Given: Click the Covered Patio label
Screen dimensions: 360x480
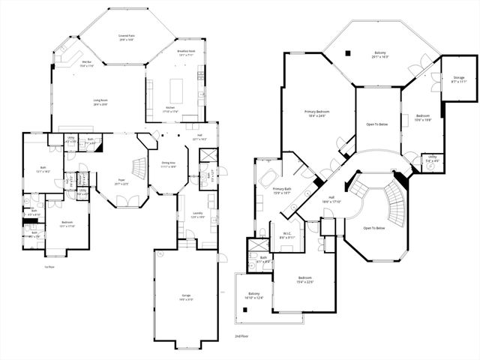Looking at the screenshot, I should pos(126,37).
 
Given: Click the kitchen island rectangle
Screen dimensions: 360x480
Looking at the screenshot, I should pos(176,91).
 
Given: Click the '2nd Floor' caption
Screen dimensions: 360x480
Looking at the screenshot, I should pos(241,337).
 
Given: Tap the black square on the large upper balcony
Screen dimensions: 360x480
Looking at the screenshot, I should pos(348,52).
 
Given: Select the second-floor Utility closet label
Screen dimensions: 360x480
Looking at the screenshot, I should pos(433,160).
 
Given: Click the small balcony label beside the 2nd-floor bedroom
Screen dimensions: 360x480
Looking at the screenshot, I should pos(253,295).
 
